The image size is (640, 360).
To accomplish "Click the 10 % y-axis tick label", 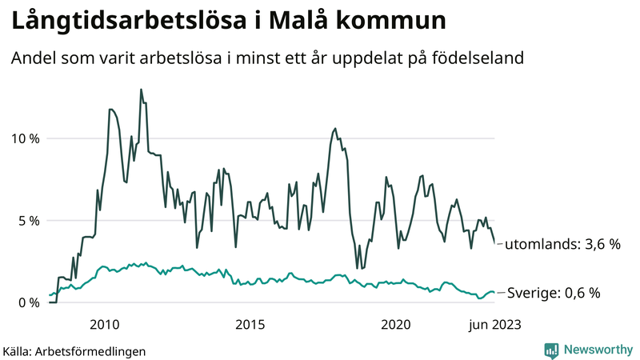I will tap(23, 138).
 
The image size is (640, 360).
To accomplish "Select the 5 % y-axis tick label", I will tap(27, 221).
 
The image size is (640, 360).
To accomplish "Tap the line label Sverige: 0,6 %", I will tap(553, 294).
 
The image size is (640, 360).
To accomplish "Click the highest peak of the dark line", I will tap(141, 90).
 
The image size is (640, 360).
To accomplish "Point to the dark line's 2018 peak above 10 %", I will tap(334, 128).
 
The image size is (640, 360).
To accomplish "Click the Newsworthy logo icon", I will tap(551, 350).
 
